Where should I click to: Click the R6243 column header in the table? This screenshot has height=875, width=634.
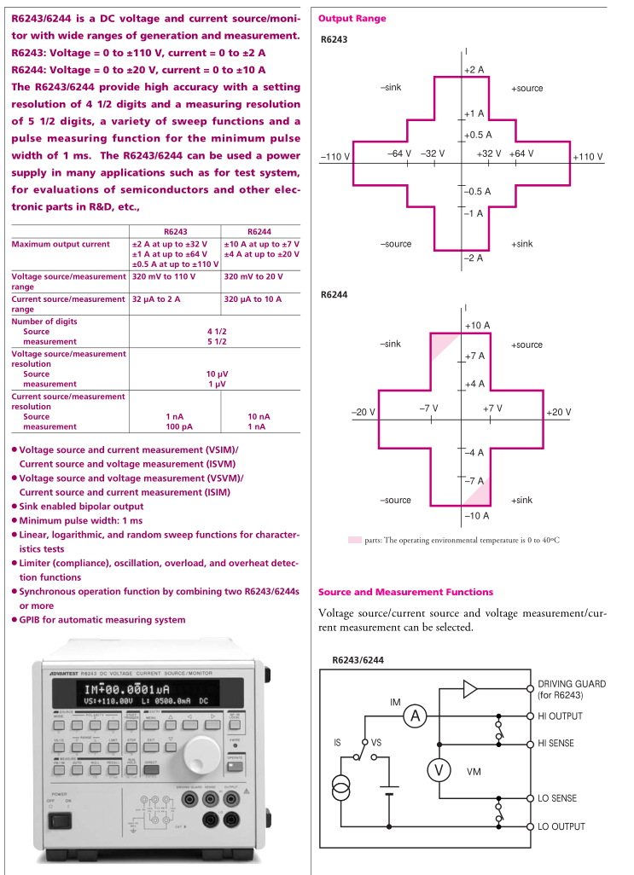[x=175, y=231]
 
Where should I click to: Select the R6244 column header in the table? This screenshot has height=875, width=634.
[x=259, y=231]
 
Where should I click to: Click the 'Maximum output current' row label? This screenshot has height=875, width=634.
[x=61, y=244]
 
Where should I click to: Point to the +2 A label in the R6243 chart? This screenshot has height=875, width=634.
[x=474, y=69]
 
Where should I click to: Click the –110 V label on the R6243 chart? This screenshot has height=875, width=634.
[x=335, y=157]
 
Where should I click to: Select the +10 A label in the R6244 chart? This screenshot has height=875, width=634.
[x=477, y=326]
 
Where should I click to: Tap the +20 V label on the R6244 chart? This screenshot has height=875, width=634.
[x=558, y=413]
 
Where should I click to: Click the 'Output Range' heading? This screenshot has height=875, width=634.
[x=352, y=19]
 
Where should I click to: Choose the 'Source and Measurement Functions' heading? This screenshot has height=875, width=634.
[x=405, y=592]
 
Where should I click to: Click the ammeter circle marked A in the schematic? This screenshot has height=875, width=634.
[x=415, y=716]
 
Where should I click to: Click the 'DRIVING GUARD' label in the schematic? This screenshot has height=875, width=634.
[x=572, y=684]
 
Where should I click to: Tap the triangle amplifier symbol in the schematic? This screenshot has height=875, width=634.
[x=470, y=689]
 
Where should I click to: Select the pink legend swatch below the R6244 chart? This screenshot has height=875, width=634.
[x=354, y=540]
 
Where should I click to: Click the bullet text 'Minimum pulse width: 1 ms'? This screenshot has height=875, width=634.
[x=81, y=520]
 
